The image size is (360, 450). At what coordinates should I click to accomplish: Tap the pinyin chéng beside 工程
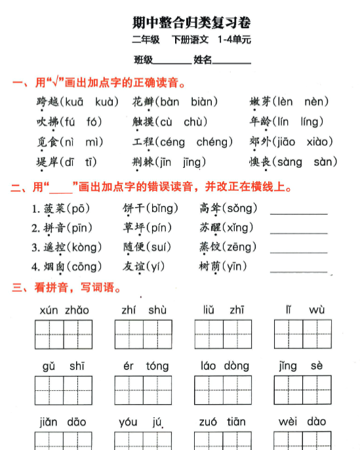(x=214, y=142)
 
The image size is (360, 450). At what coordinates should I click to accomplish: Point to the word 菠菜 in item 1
(x=47, y=209)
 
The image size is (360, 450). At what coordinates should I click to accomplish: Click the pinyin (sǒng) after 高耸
(x=239, y=209)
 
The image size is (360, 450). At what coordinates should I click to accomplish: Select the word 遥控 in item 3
(x=47, y=247)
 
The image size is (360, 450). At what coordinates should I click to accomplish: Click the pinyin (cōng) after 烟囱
(x=83, y=267)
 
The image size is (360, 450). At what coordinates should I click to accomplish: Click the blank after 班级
(x=172, y=61)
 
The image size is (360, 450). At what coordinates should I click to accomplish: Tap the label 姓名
(x=203, y=60)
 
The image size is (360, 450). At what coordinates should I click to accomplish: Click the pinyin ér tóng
(x=146, y=367)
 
